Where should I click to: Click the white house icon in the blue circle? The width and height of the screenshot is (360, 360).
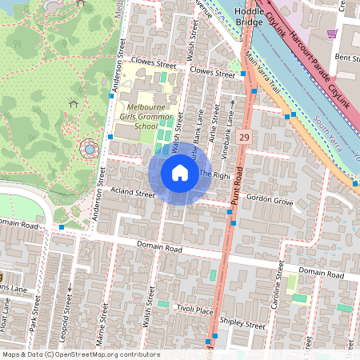[180, 173]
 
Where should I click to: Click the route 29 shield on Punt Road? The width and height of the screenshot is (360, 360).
[245, 138]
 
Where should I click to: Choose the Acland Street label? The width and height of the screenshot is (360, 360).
[133, 194]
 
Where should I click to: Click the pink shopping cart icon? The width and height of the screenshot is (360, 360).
[332, 34]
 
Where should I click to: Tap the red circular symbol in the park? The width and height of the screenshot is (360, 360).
[90, 149]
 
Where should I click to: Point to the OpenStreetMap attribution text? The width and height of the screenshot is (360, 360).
[80, 354]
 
